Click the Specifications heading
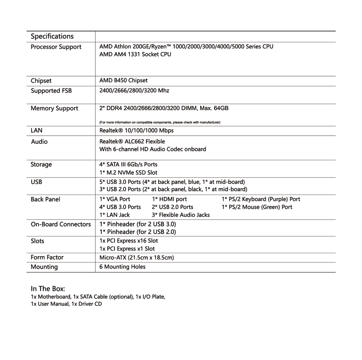pyautogui.click(x=52, y=36)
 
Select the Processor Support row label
pyautogui.click(x=56, y=47)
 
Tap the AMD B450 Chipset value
pyautogui.click(x=123, y=80)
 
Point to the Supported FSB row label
pyautogui.click(x=51, y=91)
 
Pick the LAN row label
pyautogui.click(x=36, y=130)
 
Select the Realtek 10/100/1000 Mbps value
pyautogui.click(x=136, y=130)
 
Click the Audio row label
pyautogui.click(x=39, y=141)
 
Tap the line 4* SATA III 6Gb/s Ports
pyautogui.click(x=128, y=164)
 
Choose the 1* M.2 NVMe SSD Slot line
pyautogui.click(x=128, y=173)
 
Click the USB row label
pyautogui.click(x=36, y=182)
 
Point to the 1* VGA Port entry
pyautogui.click(x=115, y=199)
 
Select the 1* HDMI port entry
pyautogui.click(x=169, y=199)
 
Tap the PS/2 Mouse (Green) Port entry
pyautogui.click(x=257, y=207)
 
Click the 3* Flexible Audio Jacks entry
pyautogui.click(x=181, y=215)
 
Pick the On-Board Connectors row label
pyautogui.click(x=61, y=224)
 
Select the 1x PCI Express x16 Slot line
pyautogui.click(x=129, y=241)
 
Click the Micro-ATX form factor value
pyautogui.click(x=137, y=258)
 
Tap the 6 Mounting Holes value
pyautogui.click(x=122, y=267)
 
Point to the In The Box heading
pyautogui.click(x=48, y=289)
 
